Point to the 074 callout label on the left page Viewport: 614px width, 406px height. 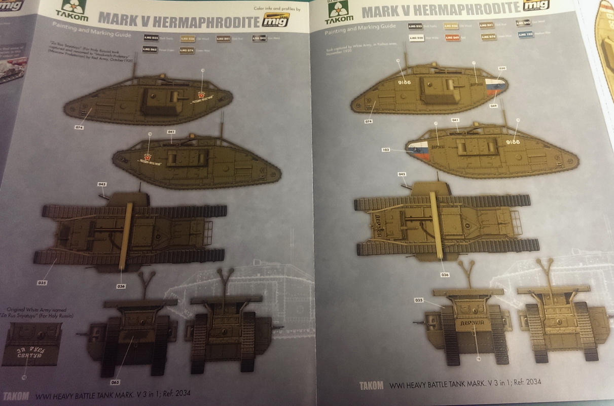click(x=79, y=127)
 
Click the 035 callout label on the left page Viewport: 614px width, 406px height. click(x=42, y=282)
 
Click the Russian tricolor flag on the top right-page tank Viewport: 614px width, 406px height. click(x=494, y=88)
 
